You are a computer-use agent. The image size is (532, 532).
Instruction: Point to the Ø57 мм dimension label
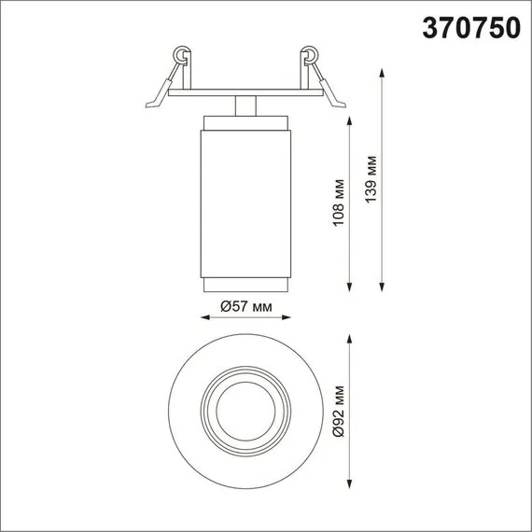click(x=245, y=306)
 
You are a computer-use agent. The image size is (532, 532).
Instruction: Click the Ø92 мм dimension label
click(x=339, y=411)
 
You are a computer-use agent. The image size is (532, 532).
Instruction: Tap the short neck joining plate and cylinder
click(x=246, y=105)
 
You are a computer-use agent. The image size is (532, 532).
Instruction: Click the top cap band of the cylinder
click(x=246, y=124)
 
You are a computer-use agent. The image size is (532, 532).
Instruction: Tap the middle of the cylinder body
click(x=246, y=201)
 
